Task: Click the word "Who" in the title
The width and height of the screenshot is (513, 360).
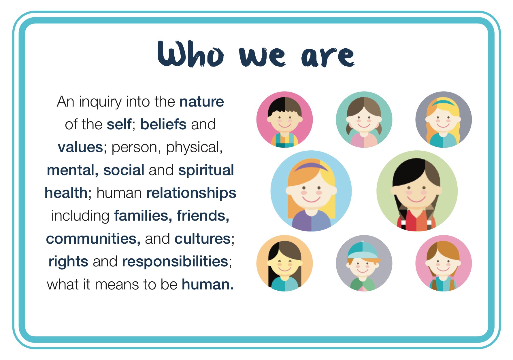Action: tap(190, 54)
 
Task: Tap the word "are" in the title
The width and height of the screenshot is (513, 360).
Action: tap(328, 56)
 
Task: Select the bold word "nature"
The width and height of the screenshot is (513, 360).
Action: tap(201, 102)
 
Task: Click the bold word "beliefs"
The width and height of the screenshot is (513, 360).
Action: tap(163, 124)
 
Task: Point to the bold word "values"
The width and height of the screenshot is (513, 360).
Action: tap(80, 147)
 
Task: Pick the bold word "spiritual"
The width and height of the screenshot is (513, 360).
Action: tap(206, 170)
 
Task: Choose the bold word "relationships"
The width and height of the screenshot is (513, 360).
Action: tap(191, 193)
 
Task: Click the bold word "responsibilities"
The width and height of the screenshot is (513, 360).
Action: tap(175, 262)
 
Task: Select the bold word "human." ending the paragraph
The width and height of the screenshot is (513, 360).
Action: tap(208, 285)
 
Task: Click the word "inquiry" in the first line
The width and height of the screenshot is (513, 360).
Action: tap(100, 102)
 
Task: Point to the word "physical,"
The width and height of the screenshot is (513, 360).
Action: tap(194, 147)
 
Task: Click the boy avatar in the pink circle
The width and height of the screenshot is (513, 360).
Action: tap(284, 120)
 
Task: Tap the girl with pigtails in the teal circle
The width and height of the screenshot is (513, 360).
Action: tap(364, 120)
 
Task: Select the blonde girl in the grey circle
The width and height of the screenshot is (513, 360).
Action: tap(443, 120)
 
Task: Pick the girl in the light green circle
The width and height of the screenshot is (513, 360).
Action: tap(417, 191)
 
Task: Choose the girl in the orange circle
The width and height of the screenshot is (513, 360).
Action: tap(284, 263)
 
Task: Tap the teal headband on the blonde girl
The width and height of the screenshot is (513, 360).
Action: tap(443, 102)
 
